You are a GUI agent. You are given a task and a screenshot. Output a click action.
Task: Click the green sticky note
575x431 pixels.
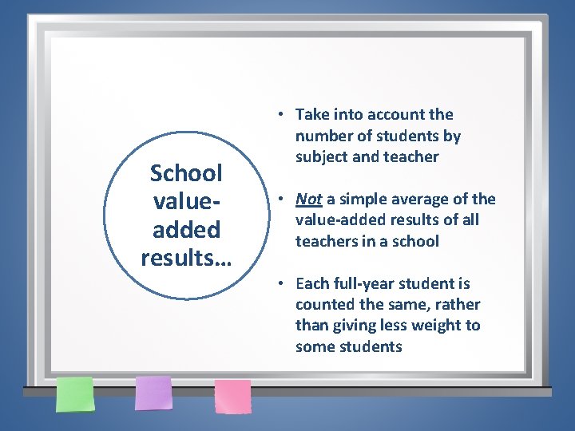(74, 393)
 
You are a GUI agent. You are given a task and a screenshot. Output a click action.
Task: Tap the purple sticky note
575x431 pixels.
(153, 393)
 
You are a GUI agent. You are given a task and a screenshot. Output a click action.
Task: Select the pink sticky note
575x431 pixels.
(232, 396)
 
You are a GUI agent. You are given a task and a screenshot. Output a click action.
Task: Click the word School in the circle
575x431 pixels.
(186, 173)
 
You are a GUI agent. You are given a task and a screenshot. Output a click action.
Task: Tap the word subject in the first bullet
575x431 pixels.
(322, 156)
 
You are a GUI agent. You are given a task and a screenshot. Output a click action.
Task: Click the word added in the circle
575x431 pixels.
(186, 230)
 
